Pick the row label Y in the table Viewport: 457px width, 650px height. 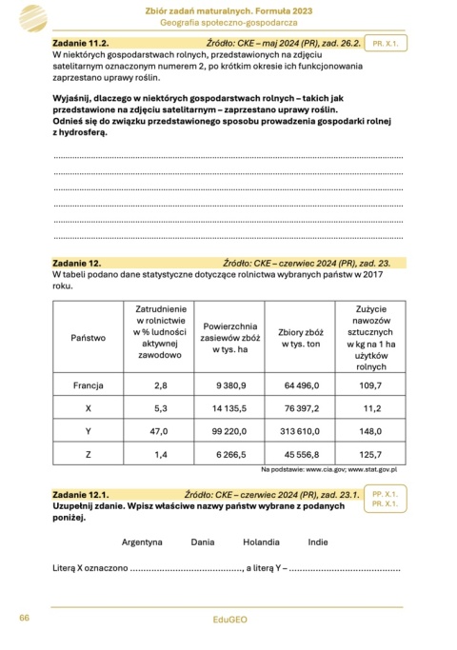click(x=89, y=431)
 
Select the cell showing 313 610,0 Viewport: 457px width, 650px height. click(x=301, y=431)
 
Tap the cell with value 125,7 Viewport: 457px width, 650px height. click(x=370, y=454)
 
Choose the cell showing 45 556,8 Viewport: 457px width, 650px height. click(x=301, y=454)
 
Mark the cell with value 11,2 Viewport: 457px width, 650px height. click(x=370, y=408)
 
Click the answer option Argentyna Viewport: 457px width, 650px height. click(x=143, y=542)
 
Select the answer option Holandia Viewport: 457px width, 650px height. click(x=260, y=542)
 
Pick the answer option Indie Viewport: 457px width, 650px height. click(x=318, y=542)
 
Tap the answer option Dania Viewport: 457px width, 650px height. click(x=203, y=542)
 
